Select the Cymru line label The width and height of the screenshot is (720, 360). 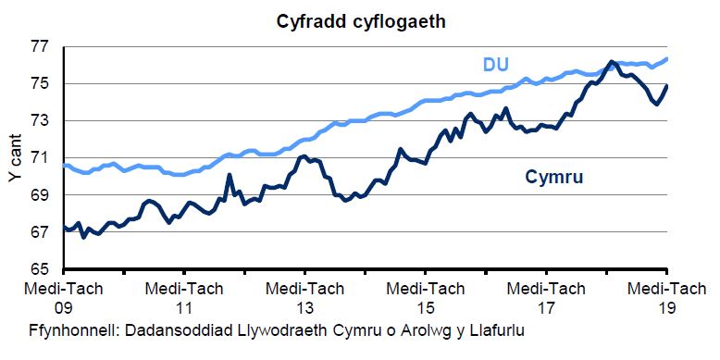(554, 176)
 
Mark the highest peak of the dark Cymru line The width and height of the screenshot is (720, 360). (612, 62)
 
